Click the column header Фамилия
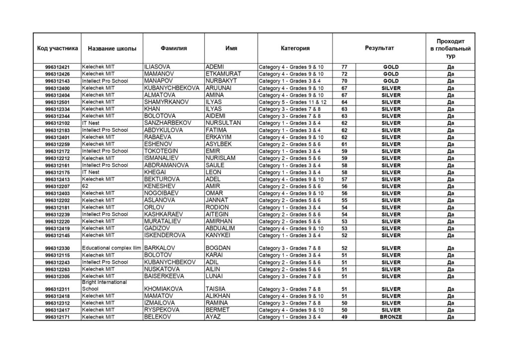pyautogui.click(x=173, y=48)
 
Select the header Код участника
pyautogui.click(x=57, y=48)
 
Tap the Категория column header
pyautogui.click(x=295, y=48)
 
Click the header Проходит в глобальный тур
pyautogui.click(x=450, y=48)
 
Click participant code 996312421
pyautogui.click(x=57, y=67)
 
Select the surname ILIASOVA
pyautogui.click(x=159, y=67)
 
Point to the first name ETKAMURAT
pyautogui.click(x=223, y=74)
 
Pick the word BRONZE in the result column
pyautogui.click(x=391, y=317)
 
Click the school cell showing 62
pyautogui.click(x=85, y=186)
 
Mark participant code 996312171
pyautogui.click(x=57, y=317)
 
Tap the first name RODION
pyautogui.click(x=217, y=207)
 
